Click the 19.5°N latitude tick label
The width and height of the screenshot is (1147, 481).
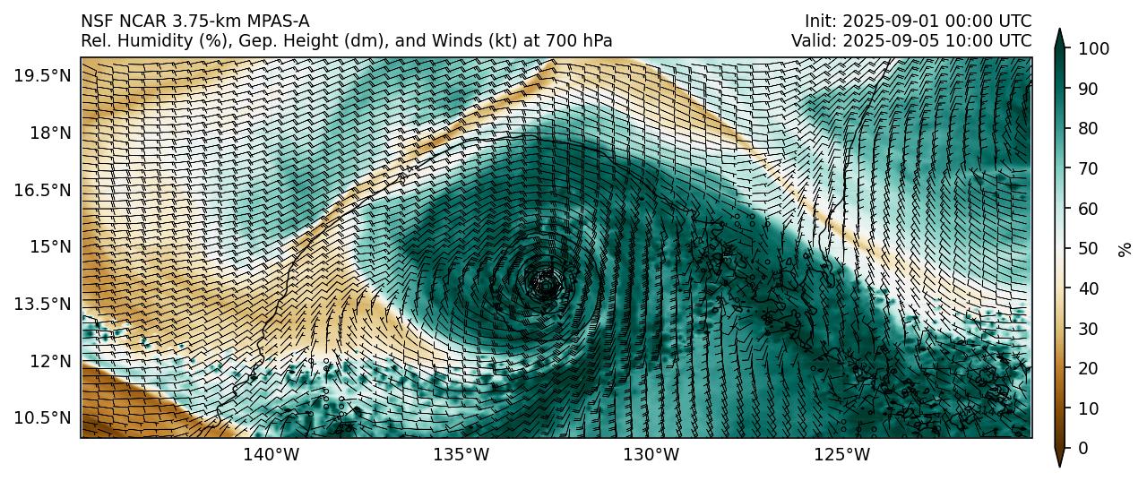pos(41,75)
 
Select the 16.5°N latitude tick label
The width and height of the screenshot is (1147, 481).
pos(41,190)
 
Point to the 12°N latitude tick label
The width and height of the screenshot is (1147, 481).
pos(47,361)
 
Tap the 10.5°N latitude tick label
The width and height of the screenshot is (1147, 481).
pos(41,418)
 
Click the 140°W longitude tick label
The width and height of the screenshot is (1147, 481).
pos(272,455)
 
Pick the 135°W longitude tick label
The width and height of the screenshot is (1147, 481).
pos(461,455)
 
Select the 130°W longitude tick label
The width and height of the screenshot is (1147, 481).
pos(651,455)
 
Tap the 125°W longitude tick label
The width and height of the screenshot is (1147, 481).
pos(842,455)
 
